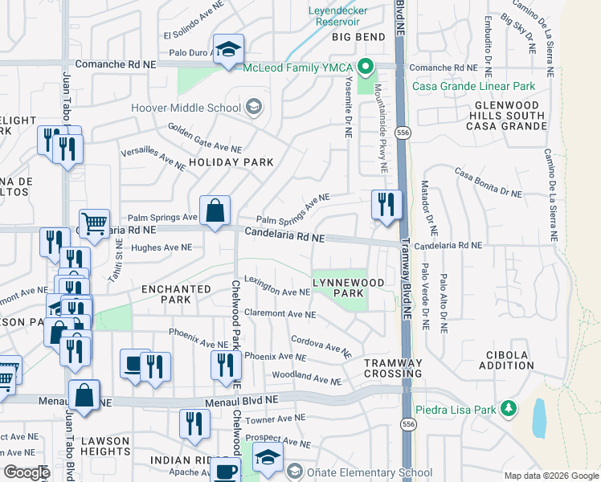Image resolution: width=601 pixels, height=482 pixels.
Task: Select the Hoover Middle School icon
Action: (254, 108)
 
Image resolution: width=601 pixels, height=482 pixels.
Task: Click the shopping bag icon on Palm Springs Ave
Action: (215, 211)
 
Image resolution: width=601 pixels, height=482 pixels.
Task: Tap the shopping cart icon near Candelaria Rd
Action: (94, 224)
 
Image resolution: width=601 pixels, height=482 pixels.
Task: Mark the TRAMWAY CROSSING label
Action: (393, 368)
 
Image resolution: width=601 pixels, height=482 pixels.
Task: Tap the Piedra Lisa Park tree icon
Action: (508, 408)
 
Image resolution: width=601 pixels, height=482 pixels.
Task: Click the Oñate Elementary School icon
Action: (295, 472)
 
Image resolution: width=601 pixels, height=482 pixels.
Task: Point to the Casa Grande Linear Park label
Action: (472, 86)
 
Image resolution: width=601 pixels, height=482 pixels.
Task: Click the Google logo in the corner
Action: (27, 472)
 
